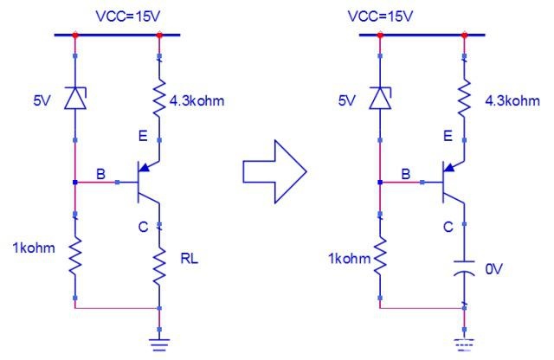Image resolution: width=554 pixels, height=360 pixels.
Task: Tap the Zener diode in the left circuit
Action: pos(75,98)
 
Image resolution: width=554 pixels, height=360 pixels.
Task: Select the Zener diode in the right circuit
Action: pos(380,98)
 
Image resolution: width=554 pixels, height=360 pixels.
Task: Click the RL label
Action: pos(190,259)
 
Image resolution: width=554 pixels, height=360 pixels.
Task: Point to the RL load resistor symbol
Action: pos(159,266)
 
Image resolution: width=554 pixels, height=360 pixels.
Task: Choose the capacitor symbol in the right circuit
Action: pos(464,268)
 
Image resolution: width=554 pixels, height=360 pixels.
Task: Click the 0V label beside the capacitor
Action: pos(493,269)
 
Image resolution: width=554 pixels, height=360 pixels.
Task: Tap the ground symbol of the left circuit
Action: pos(159,344)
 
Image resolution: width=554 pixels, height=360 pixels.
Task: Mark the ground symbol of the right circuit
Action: pos(464,344)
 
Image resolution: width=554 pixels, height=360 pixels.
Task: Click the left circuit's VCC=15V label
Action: pos(128,16)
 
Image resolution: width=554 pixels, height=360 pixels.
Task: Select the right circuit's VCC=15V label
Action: pos(380,16)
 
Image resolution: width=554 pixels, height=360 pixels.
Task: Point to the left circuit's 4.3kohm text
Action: pos(196,101)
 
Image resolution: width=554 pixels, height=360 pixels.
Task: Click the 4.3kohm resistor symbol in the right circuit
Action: pos(464,97)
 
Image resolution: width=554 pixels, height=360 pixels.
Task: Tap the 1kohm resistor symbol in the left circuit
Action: pos(75,256)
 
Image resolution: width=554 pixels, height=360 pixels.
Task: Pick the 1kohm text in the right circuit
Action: pos(350,259)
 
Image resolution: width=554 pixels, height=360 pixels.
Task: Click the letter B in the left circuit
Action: pos(100,174)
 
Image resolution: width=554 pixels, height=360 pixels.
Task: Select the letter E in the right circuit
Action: pos(448,136)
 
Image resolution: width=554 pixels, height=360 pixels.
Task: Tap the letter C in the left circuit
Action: pos(143,227)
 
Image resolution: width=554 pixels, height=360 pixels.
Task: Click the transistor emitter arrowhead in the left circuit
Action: pos(145,167)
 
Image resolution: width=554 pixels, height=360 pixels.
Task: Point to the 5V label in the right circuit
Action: pos(346,101)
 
